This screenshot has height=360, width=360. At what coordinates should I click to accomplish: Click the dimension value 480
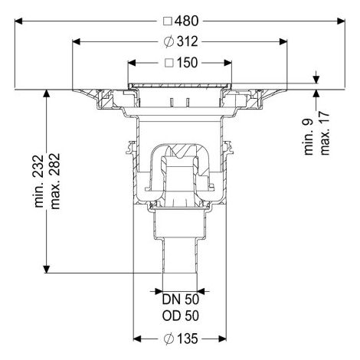click(187, 21)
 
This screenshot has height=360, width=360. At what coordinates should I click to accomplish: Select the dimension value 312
click(187, 41)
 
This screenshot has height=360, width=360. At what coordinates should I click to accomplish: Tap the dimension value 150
click(187, 63)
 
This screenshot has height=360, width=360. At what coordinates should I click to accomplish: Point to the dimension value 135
click(187, 339)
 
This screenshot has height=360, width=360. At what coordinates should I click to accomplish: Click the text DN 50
click(181, 299)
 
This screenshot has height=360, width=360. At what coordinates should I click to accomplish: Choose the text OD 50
click(181, 316)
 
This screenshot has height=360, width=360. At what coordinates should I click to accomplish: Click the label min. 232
click(39, 181)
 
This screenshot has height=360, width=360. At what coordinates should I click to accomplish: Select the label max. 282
click(55, 182)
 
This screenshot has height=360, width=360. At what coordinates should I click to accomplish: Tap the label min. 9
click(309, 136)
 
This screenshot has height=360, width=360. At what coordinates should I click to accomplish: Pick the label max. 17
click(325, 133)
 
